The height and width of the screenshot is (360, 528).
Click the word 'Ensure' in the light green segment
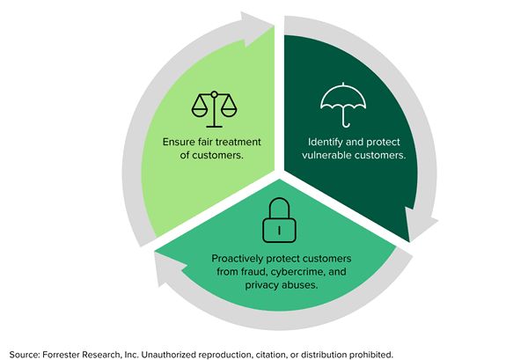pyautogui.click(x=180, y=141)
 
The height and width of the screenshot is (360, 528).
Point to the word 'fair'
pyautogui.click(x=212, y=141)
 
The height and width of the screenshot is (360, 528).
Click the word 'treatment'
pyautogui.click(x=249, y=141)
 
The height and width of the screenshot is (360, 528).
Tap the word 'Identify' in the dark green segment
pyautogui.click(x=328, y=141)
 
